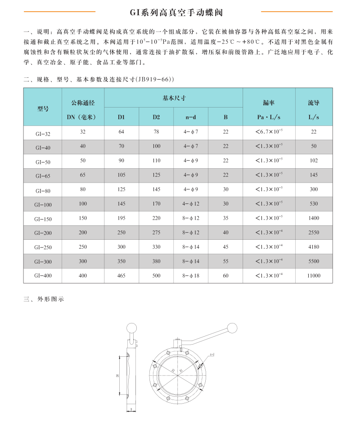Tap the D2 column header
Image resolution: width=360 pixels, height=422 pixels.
click(156, 117)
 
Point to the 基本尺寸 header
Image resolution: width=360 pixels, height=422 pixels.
click(174, 98)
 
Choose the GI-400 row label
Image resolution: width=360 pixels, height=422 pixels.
click(42, 275)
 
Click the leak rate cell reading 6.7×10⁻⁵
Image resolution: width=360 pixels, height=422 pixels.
click(269, 132)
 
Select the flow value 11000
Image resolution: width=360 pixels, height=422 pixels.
click(314, 275)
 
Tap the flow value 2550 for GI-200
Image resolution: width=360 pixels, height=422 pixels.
click(314, 233)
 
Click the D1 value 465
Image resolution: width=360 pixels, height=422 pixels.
click(121, 275)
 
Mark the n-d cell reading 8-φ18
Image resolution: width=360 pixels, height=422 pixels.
click(191, 275)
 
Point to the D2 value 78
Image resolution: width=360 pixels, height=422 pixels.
click(156, 132)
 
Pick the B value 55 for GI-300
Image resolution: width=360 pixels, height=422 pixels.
click(225, 261)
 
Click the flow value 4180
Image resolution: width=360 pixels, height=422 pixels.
click(314, 247)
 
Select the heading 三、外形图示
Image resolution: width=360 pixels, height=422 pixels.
click(44, 299)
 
